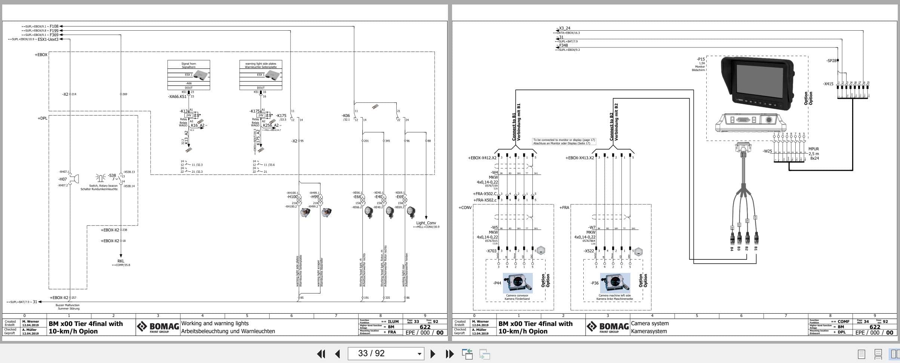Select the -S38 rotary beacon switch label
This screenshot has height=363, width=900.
click(112, 175)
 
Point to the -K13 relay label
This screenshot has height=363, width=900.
click(184, 111)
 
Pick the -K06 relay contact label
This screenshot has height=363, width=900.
click(345, 116)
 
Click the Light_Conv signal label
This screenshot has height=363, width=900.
click(426, 223)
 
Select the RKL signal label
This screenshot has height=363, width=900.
click(121, 261)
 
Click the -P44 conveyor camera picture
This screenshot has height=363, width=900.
click(517, 283)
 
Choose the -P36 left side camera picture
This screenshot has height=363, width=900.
click(615, 283)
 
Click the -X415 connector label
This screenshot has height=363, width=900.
click(828, 84)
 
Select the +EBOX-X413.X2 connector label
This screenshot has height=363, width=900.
click(579, 158)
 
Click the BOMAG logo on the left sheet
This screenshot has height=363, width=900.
click(158, 327)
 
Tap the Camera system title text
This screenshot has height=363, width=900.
click(649, 323)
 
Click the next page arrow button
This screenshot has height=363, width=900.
click(433, 354)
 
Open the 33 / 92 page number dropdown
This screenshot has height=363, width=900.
click(419, 354)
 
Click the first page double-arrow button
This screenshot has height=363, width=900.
click(321, 354)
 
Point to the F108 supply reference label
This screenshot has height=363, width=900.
click(54, 27)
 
